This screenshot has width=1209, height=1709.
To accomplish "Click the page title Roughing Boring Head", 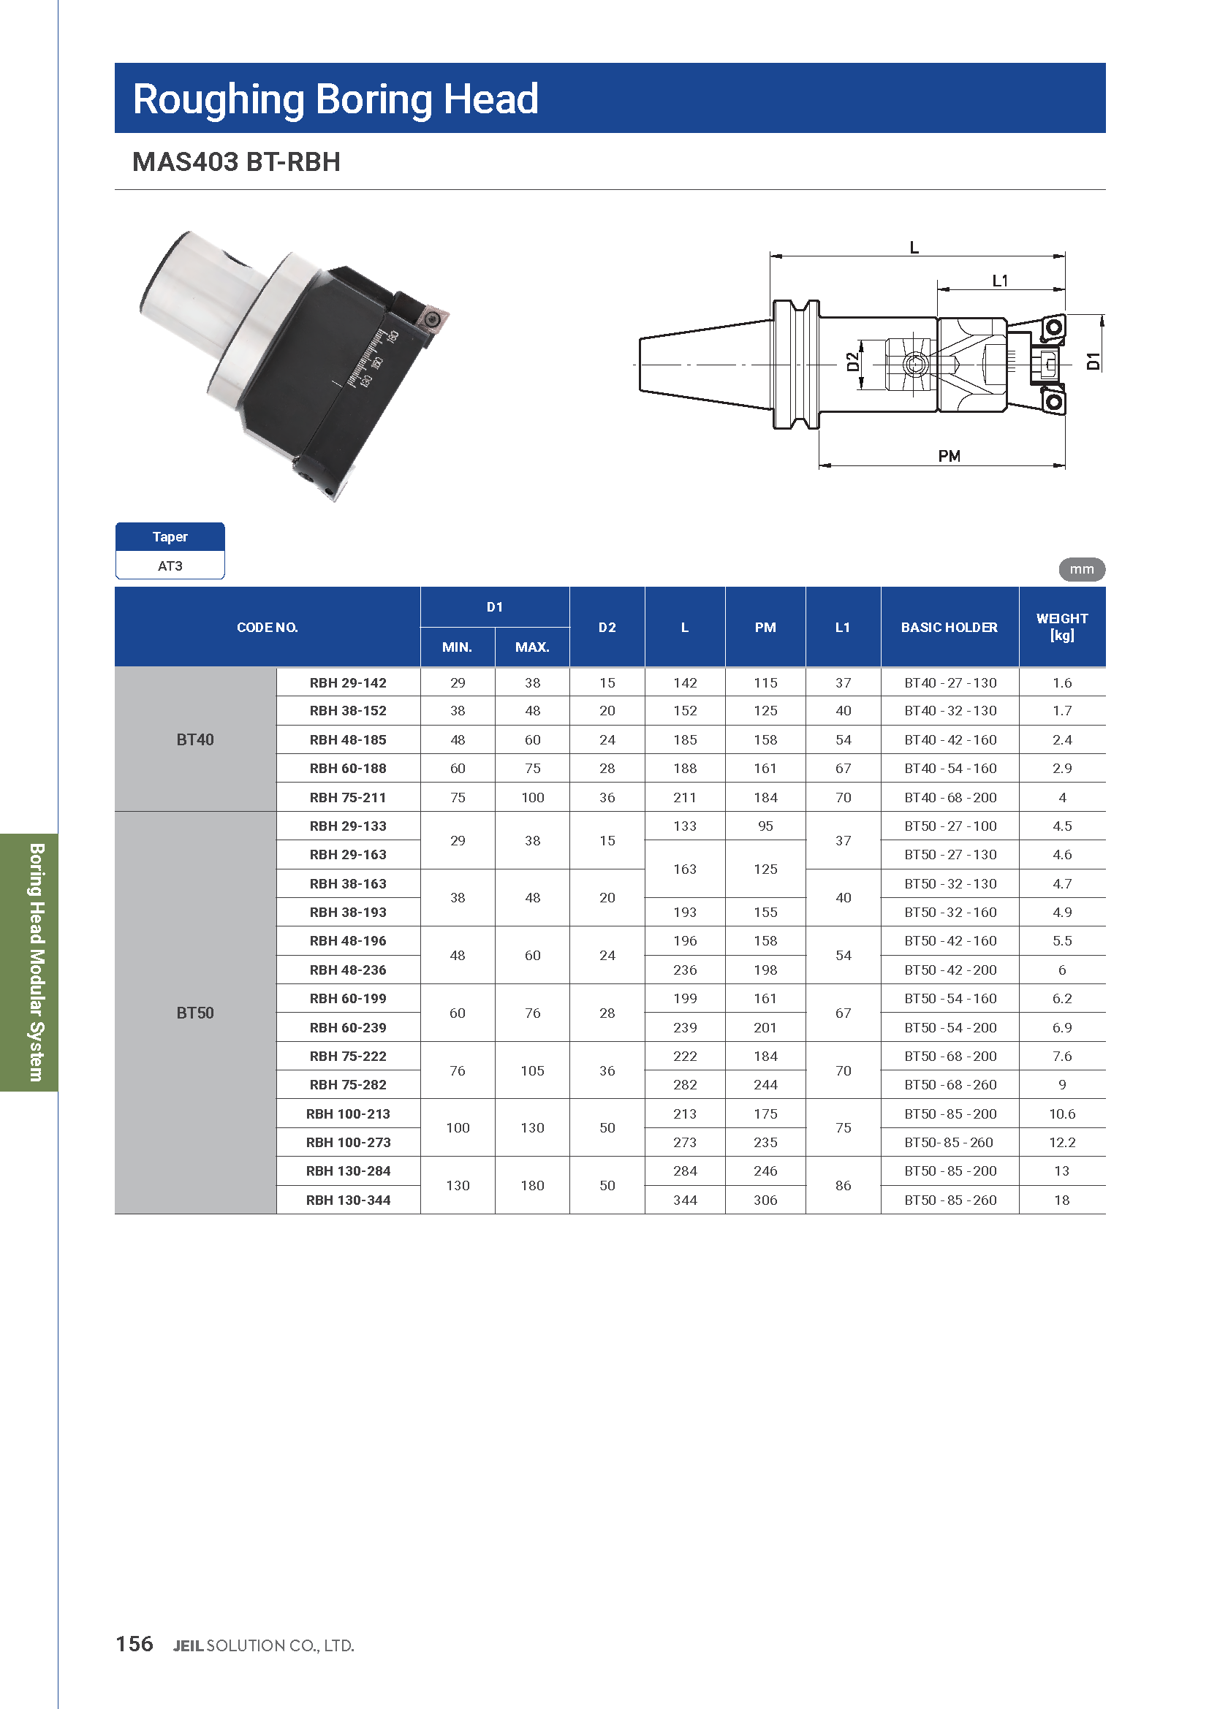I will pyautogui.click(x=335, y=99).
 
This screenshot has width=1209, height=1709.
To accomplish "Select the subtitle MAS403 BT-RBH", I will pyautogui.click(x=236, y=162).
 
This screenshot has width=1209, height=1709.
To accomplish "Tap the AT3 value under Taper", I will pyautogui.click(x=170, y=566).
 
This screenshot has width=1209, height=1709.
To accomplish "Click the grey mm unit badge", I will pyautogui.click(x=1081, y=569).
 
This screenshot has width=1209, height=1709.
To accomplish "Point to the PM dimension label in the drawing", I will pyautogui.click(x=949, y=456).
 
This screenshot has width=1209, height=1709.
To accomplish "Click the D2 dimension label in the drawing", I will pyautogui.click(x=852, y=362).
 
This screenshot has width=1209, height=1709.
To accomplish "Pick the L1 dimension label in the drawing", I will pyautogui.click(x=999, y=281).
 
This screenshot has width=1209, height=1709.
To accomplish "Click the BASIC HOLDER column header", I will pyautogui.click(x=949, y=628).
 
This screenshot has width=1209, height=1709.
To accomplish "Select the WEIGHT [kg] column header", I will pyautogui.click(x=1061, y=627).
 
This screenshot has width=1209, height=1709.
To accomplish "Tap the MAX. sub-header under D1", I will pyautogui.click(x=531, y=647).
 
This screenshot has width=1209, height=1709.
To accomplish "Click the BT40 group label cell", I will pyautogui.click(x=195, y=740).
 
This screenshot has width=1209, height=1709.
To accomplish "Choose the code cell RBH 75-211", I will pyautogui.click(x=348, y=798).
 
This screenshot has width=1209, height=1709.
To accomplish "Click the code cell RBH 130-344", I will pyautogui.click(x=348, y=1200).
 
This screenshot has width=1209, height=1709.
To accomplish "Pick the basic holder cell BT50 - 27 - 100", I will pyautogui.click(x=950, y=826).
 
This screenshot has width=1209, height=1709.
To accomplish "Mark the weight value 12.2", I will pyautogui.click(x=1061, y=1143).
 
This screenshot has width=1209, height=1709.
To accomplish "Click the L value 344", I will pyautogui.click(x=685, y=1200).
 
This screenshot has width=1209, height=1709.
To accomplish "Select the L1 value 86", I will pyautogui.click(x=843, y=1186).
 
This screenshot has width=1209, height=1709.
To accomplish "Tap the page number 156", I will pyautogui.click(x=134, y=1644).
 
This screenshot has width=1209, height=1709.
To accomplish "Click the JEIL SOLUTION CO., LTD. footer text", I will pyautogui.click(x=264, y=1645).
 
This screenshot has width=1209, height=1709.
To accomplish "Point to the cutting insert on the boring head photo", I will pyautogui.click(x=432, y=320).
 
